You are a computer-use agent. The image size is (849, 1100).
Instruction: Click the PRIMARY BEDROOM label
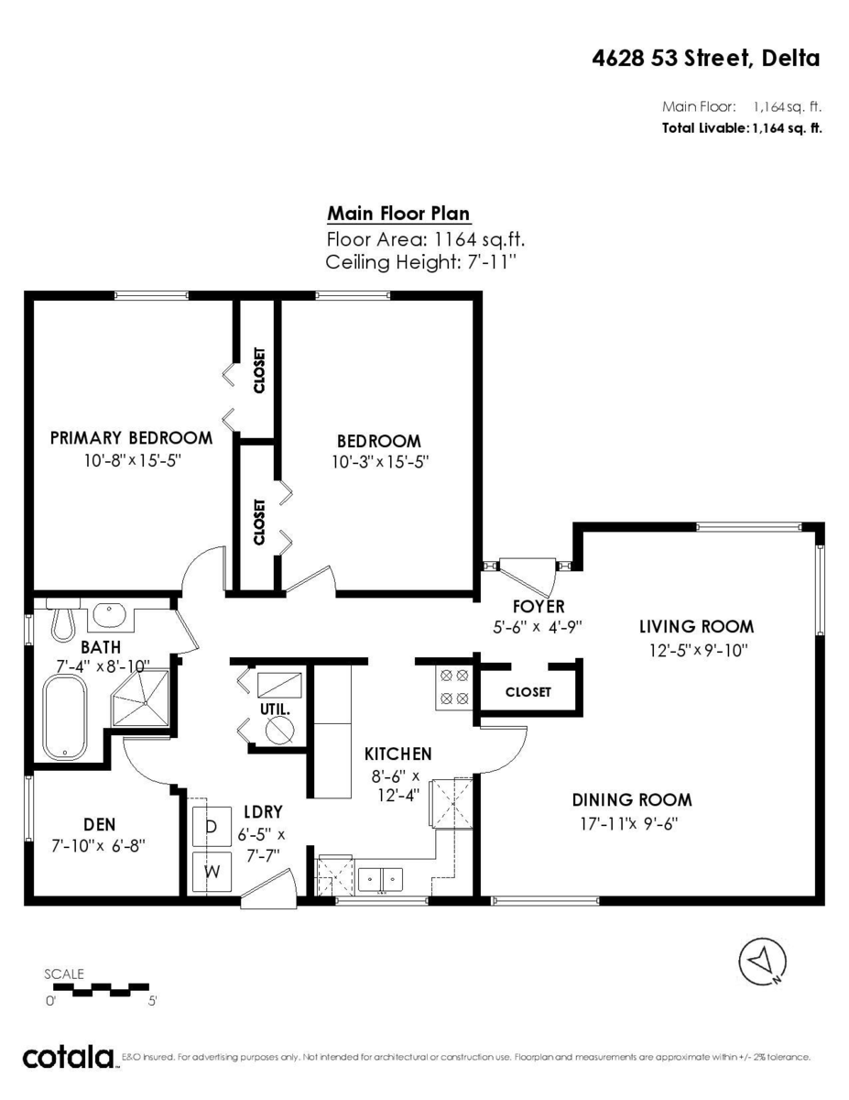pyautogui.click(x=132, y=438)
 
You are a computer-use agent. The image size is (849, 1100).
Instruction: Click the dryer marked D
pyautogui.click(x=212, y=827)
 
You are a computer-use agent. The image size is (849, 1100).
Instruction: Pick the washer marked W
pyautogui.click(x=212, y=872)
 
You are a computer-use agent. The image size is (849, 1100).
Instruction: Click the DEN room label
pyautogui.click(x=100, y=825)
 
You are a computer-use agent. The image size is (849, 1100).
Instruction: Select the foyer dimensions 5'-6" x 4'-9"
pyautogui.click(x=538, y=627)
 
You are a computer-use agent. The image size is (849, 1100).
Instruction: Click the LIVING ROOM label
pyautogui.click(x=696, y=627)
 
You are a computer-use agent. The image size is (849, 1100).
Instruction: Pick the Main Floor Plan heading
pyautogui.click(x=399, y=214)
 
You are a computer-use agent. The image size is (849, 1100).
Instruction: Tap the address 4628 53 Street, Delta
pyautogui.click(x=706, y=59)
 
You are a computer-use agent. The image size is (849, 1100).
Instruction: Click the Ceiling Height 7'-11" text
pyautogui.click(x=421, y=262)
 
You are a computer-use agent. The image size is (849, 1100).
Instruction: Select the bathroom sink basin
pyautogui.click(x=110, y=614)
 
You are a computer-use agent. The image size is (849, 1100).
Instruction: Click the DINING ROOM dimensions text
pyautogui.click(x=628, y=823)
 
